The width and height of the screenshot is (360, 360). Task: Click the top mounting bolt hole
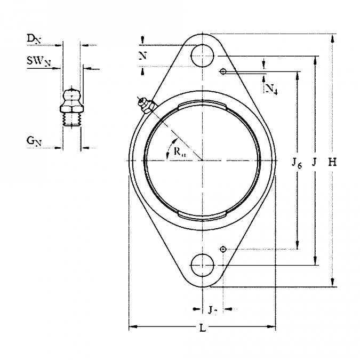pyautogui.click(x=203, y=53)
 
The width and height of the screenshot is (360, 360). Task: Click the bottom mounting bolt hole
pyautogui.click(x=203, y=265)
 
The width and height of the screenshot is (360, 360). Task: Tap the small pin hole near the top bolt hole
pyautogui.click(x=223, y=70)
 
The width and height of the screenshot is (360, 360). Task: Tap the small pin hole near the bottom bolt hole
pyautogui.click(x=223, y=249)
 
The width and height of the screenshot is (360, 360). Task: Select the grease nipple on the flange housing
pyautogui.click(x=145, y=106)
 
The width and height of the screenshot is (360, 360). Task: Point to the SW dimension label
pyautogui.click(x=38, y=63)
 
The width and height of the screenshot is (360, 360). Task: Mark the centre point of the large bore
pyautogui.click(x=203, y=159)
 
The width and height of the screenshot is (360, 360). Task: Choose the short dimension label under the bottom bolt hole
pyautogui.click(x=212, y=309)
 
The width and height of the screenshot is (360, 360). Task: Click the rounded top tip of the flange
pyautogui.click(x=203, y=33)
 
